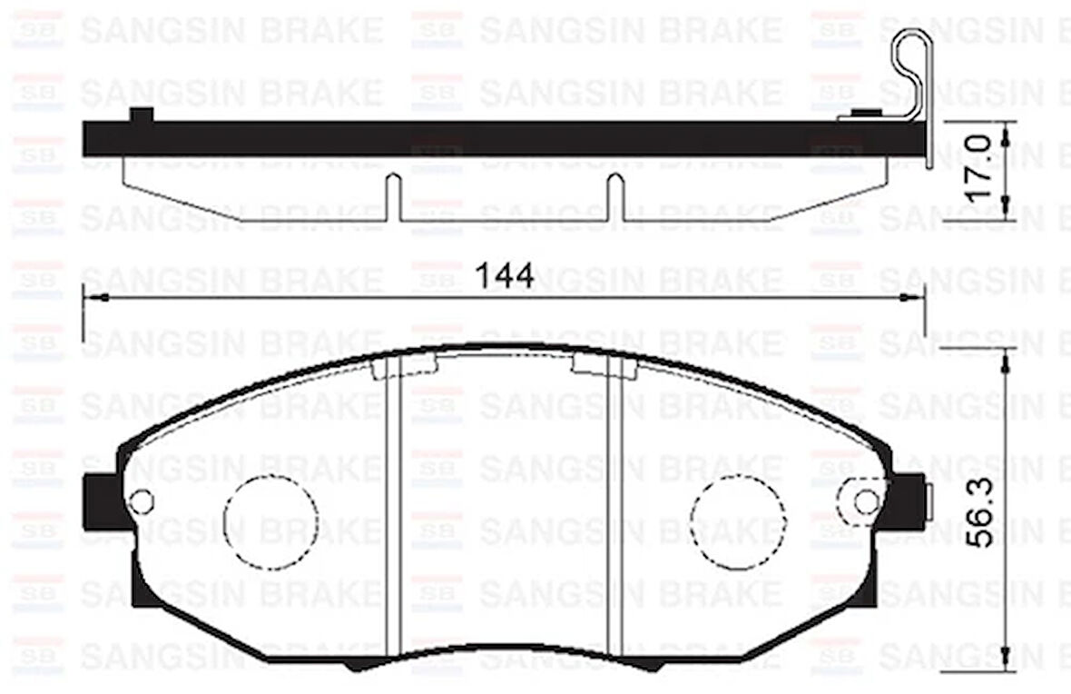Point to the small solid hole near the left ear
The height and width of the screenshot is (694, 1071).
(142, 501)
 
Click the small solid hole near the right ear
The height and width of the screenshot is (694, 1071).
(866, 501)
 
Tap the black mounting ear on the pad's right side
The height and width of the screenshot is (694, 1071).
(910, 501)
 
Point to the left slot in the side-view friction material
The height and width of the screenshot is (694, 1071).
(393, 197)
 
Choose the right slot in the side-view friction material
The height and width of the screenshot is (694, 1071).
(614, 197)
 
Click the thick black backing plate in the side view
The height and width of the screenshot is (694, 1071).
(499, 137)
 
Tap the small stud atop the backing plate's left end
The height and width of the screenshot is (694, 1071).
(142, 114)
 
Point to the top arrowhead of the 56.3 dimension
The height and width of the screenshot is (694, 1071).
(1005, 360)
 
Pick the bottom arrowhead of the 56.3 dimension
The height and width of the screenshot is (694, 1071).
(1005, 659)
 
